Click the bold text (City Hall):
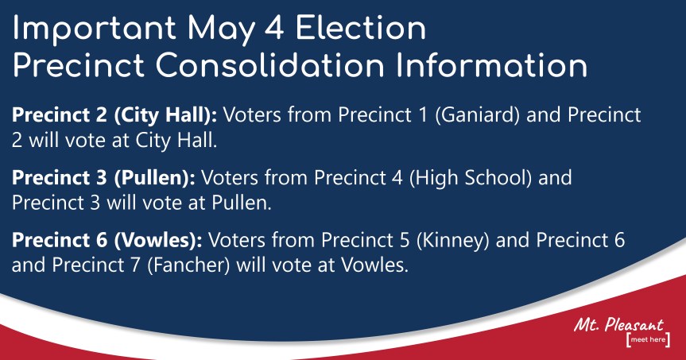(165, 115)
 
